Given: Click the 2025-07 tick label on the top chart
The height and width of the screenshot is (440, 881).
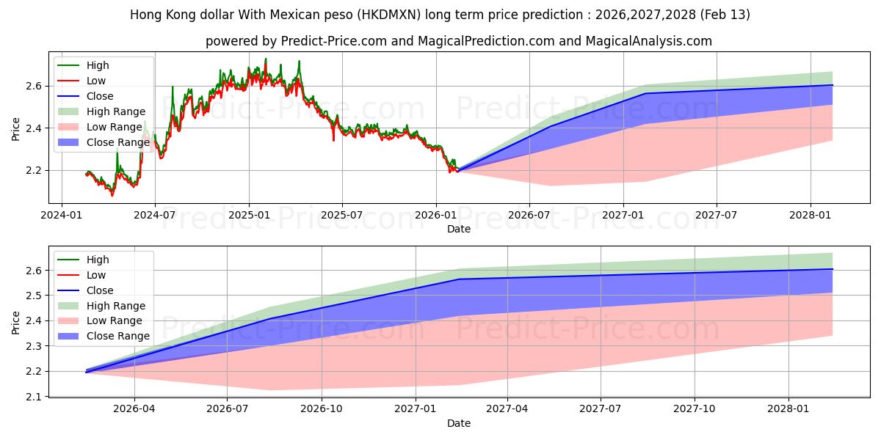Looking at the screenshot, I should click(x=342, y=216).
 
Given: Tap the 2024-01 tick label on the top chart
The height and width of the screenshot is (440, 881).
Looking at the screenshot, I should click(x=62, y=216).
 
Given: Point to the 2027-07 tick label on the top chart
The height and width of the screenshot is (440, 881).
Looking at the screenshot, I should click(x=717, y=216).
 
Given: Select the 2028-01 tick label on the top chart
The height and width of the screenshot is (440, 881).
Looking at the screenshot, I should click(x=811, y=216).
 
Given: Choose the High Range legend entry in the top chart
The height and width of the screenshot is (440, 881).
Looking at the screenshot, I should click(x=116, y=111).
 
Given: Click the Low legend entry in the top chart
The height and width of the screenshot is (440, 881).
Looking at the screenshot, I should click(x=96, y=81).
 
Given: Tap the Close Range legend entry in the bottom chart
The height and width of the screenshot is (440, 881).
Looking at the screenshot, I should click(x=117, y=336).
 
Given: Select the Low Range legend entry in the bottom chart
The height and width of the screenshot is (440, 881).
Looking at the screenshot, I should click(x=115, y=320).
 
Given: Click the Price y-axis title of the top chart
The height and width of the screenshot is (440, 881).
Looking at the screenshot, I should click(x=16, y=128).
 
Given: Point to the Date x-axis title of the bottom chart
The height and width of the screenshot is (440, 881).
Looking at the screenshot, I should click(x=459, y=423).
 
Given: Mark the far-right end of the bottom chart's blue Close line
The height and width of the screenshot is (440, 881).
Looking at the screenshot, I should click(x=833, y=269).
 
